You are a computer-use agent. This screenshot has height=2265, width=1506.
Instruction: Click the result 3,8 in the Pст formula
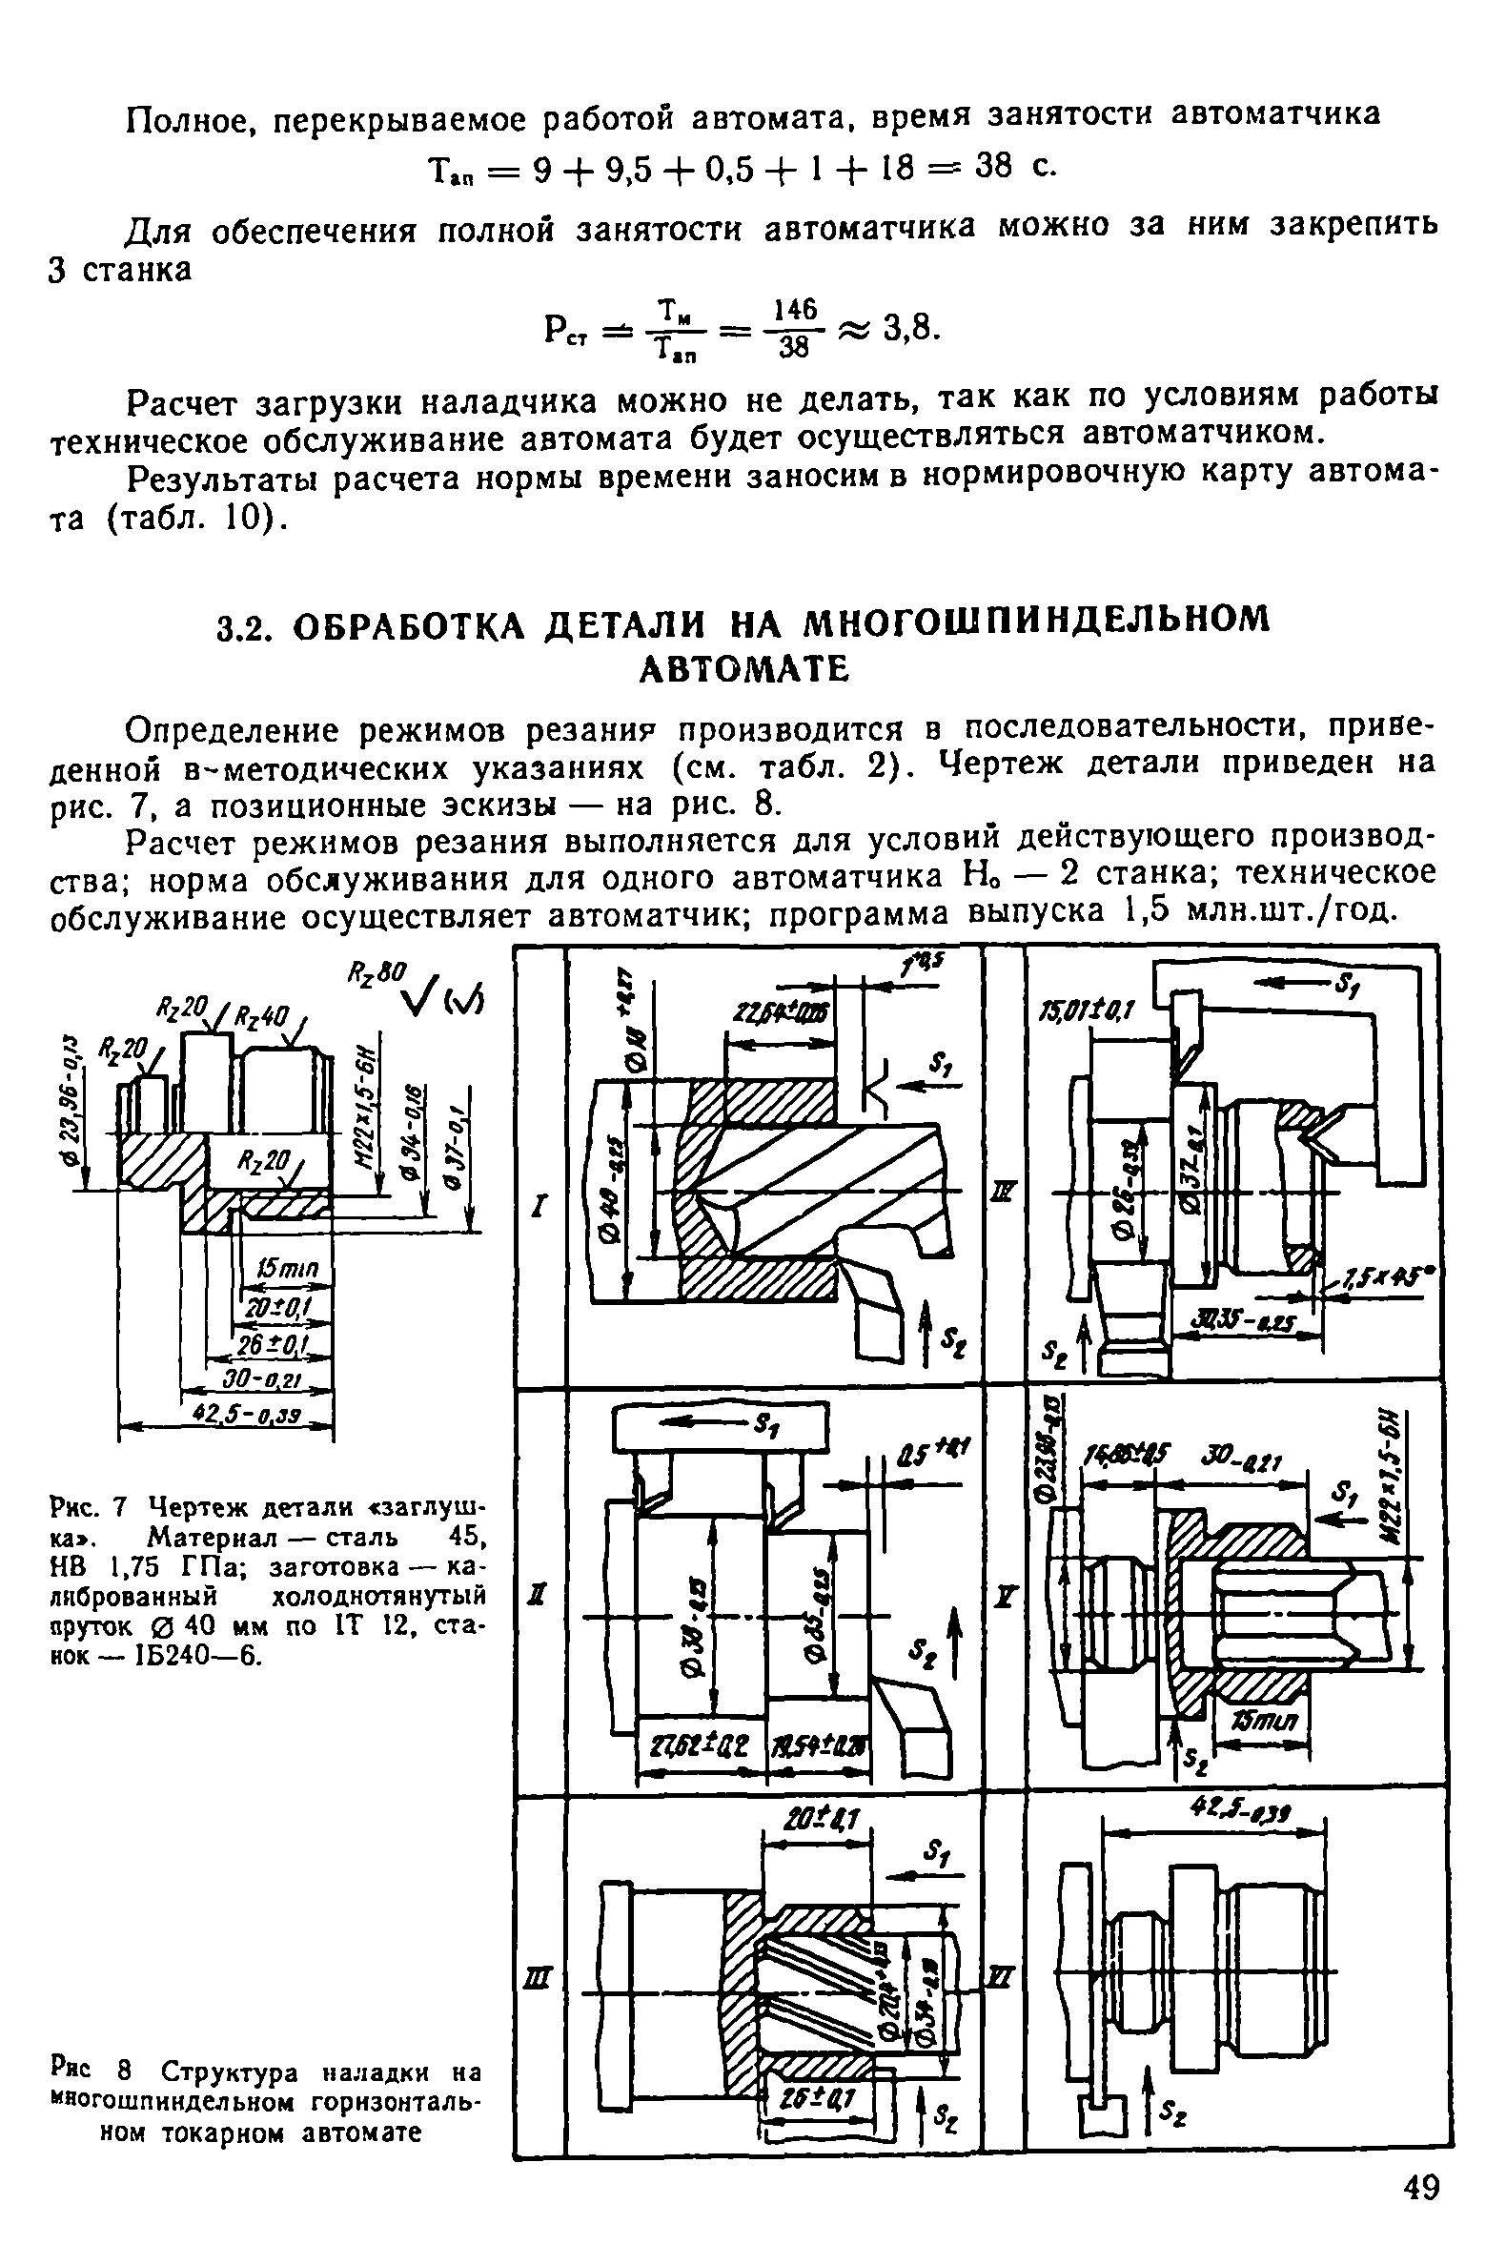[907, 330]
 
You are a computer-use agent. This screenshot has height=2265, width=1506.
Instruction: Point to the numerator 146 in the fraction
[794, 309]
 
